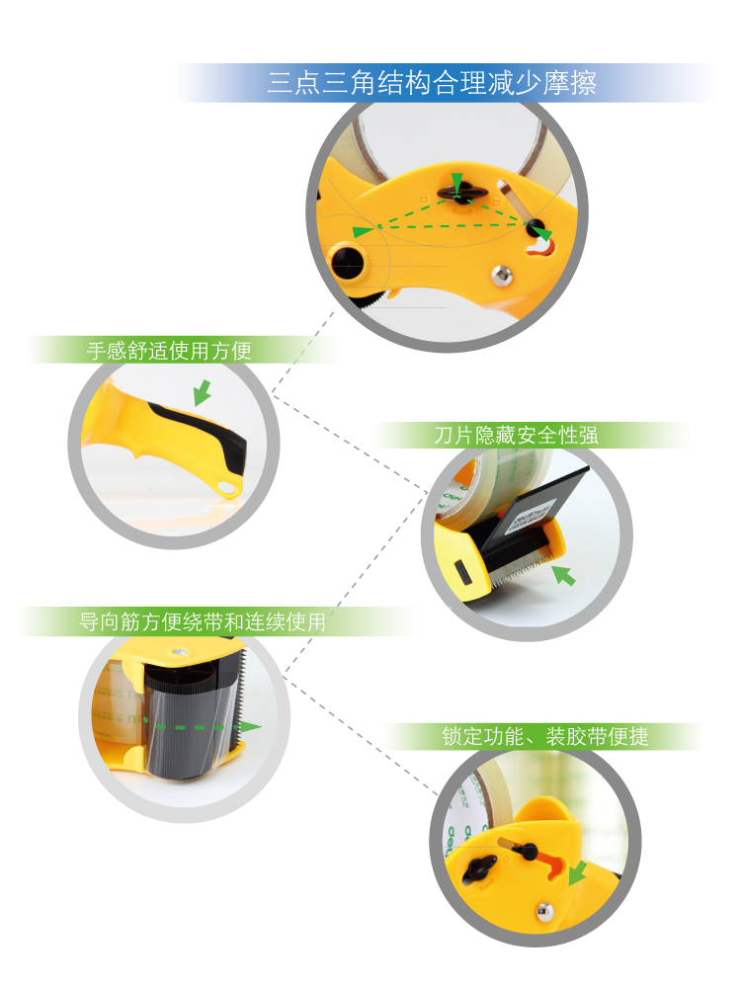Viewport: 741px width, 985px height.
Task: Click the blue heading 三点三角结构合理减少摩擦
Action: coord(432,83)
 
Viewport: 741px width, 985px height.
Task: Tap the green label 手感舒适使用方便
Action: coord(169,350)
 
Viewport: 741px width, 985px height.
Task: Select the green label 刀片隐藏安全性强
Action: coord(516,435)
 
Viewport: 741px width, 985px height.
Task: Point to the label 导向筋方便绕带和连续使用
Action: coord(203,621)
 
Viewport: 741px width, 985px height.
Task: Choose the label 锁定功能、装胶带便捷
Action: coord(545,736)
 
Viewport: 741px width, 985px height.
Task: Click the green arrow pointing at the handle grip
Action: coord(203,392)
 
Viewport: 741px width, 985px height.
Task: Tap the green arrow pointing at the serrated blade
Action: coord(563,575)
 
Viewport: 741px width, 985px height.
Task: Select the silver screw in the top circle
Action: coord(501,275)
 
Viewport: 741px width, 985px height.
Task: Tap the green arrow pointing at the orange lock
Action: coord(577,872)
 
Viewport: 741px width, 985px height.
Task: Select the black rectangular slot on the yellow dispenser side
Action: coord(461,572)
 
